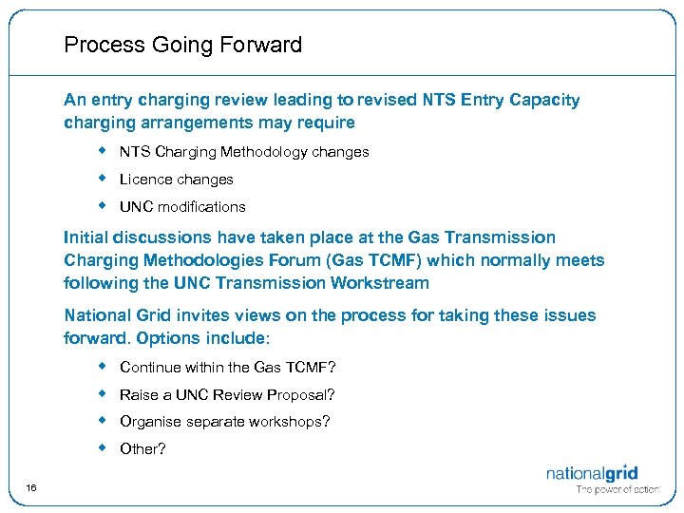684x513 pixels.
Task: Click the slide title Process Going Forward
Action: [182, 45]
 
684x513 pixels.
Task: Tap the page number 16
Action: [31, 488]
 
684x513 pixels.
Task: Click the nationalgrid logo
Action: [592, 473]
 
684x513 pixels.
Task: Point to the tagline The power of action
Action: [617, 490]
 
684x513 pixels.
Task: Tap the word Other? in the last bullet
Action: [142, 448]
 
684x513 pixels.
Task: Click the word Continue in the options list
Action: [148, 368]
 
